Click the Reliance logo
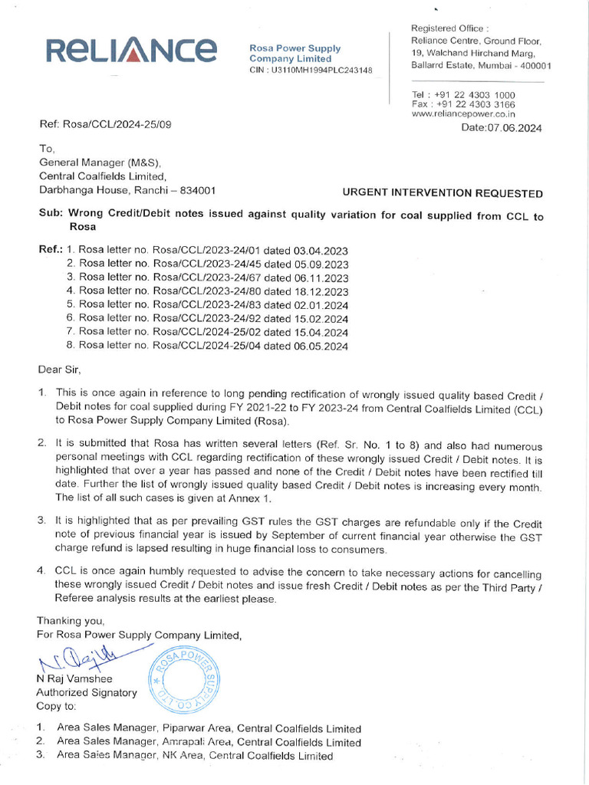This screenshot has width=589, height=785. tap(131, 51)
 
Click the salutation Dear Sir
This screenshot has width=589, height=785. tap(59, 370)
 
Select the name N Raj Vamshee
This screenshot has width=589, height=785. tap(74, 678)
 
